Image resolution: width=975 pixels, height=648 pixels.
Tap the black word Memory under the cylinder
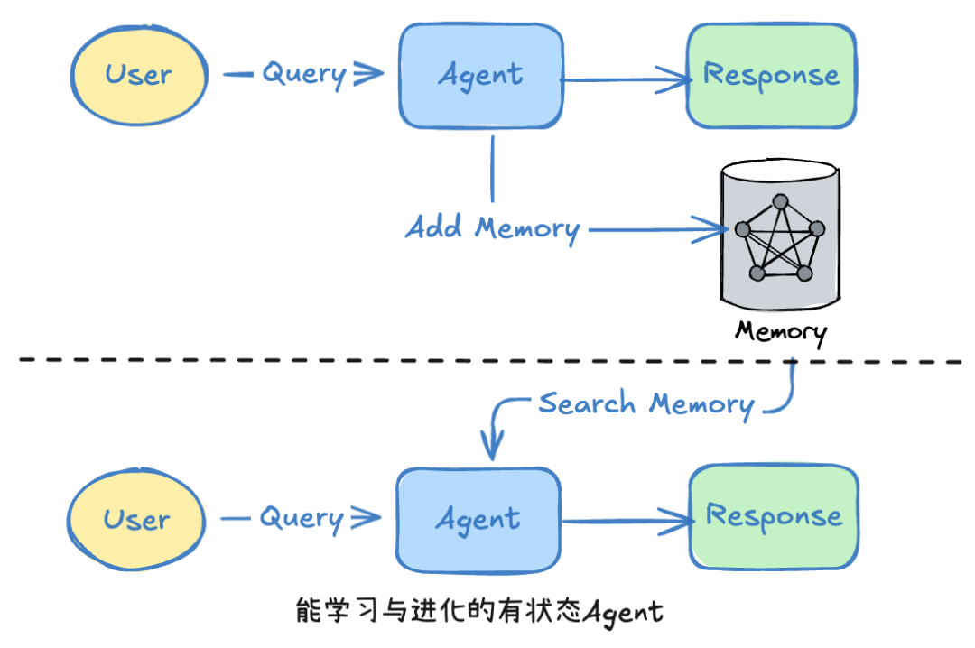pos(780,331)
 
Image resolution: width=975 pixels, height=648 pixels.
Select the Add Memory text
pos(492,227)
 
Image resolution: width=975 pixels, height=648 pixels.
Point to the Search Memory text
pos(645,403)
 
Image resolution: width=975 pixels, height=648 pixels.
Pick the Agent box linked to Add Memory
pos(480,76)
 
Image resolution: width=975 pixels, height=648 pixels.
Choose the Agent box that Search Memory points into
pos(478,520)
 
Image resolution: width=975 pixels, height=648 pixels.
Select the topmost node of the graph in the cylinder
pos(780,200)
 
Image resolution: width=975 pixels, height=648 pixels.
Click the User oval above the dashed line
pos(139,74)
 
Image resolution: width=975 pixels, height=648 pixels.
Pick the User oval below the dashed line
pos(135,520)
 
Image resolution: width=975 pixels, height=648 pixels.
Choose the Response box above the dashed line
pos(771,76)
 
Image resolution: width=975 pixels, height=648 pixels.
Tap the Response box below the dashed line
pos(774,517)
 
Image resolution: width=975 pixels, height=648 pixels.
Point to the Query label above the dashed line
pos(303,74)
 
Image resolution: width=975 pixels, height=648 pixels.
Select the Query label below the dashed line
pos(302,519)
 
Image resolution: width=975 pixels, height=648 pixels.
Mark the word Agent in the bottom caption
pos(623,612)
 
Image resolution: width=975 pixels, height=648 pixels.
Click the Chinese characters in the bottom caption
pos(439,611)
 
